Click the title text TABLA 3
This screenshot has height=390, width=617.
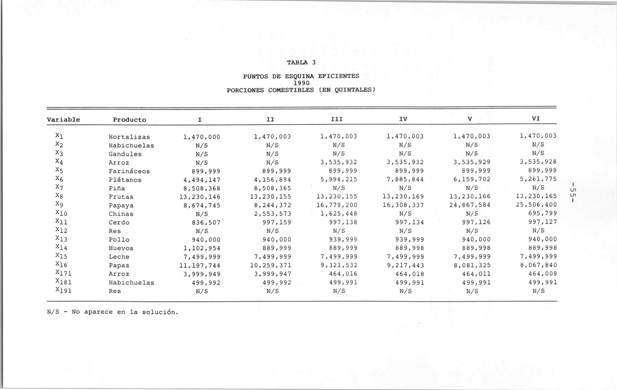pyautogui.click(x=301, y=62)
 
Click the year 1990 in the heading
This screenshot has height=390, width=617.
pyautogui.click(x=301, y=83)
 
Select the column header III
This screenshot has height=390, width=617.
pyautogui.click(x=337, y=119)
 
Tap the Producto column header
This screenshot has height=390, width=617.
pyautogui.click(x=129, y=119)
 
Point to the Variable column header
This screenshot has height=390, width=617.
pyautogui.click(x=63, y=119)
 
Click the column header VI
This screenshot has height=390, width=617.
pyautogui.click(x=536, y=119)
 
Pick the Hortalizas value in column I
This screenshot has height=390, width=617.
pyautogui.click(x=202, y=137)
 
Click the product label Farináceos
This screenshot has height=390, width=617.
pyautogui.click(x=129, y=171)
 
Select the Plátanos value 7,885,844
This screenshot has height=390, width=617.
pyautogui.click(x=405, y=179)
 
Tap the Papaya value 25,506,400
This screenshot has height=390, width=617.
pyautogui.click(x=536, y=205)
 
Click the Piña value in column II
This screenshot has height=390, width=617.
pyautogui.click(x=272, y=188)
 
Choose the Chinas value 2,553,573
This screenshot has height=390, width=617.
pyautogui.click(x=272, y=214)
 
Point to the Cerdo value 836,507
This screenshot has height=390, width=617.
pyautogui.click(x=206, y=223)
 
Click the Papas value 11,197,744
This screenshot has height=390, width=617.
pyautogui.click(x=200, y=265)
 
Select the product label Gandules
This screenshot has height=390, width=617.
pyautogui.click(x=125, y=154)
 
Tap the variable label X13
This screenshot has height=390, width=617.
pyautogui.click(x=61, y=239)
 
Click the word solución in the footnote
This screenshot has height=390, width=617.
pyautogui.click(x=160, y=312)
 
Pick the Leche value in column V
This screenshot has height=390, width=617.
pyautogui.click(x=472, y=257)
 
